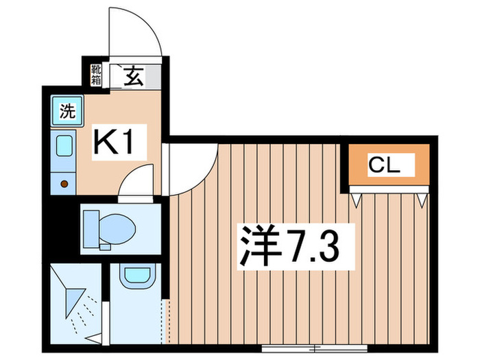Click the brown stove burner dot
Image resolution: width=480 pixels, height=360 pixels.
tap(64, 184)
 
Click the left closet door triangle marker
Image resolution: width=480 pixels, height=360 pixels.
tap(357, 200)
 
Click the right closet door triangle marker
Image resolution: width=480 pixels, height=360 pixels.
tap(421, 200)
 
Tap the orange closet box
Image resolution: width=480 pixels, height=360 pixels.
tap(388, 165)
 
